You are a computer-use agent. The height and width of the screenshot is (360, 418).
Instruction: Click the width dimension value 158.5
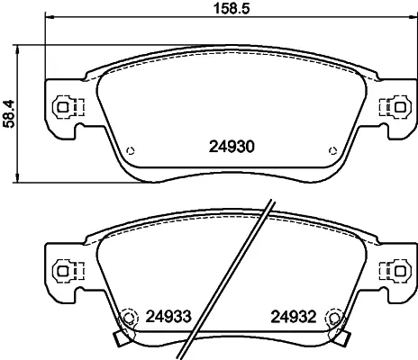232,9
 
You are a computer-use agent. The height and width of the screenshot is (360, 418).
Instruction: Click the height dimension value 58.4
9,114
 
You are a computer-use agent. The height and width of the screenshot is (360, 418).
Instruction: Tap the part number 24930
232,147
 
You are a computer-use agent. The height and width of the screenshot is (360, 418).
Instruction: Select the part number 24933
168,317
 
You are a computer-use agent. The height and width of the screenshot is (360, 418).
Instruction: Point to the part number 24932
294,317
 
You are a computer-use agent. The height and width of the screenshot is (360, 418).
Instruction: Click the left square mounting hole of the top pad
62,107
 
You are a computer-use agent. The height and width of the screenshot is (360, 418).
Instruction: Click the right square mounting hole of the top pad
400,107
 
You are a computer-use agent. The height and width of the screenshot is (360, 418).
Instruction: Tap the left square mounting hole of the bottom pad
62,271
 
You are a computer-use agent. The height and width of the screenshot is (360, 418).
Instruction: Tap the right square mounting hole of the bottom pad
400,271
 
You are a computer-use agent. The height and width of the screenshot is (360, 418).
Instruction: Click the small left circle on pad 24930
131,151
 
